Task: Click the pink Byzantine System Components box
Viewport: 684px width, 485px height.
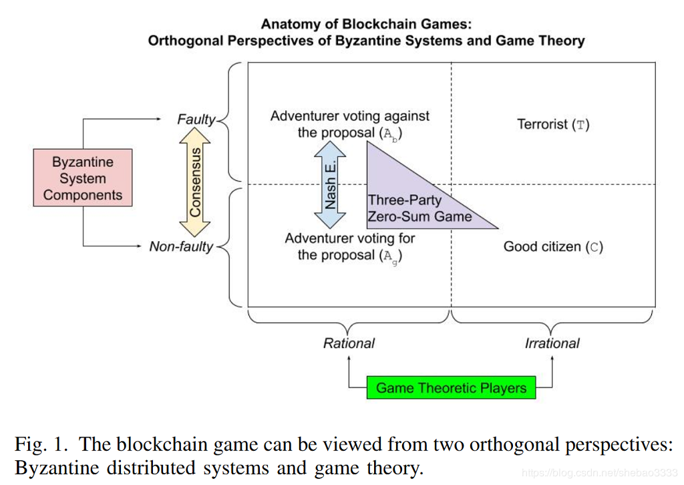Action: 83,178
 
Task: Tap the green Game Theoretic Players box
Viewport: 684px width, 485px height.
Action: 451,387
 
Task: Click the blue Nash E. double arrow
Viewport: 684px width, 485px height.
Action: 329,184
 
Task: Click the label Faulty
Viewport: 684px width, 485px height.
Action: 196,120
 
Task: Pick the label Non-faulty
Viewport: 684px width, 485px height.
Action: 180,247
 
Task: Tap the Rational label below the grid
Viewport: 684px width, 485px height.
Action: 349,343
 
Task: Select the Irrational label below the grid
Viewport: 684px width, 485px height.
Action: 552,343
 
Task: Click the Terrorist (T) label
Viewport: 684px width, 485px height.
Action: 553,124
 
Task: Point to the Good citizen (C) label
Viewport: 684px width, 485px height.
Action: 553,247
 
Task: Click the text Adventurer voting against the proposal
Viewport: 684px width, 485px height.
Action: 350,124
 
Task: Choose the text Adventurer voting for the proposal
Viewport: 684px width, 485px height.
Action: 350,247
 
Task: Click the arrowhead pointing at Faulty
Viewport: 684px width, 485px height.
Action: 158,120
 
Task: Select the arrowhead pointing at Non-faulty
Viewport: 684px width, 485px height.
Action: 142,247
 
